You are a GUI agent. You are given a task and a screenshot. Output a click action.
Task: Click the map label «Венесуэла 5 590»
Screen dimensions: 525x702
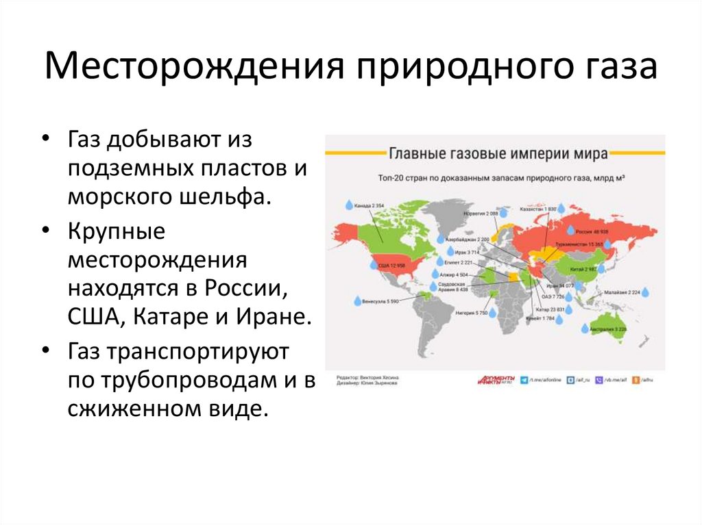coord(380,300)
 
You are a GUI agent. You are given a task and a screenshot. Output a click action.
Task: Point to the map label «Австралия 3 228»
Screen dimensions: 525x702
coord(608,330)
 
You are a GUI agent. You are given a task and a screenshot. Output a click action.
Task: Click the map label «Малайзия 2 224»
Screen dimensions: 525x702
coord(621,292)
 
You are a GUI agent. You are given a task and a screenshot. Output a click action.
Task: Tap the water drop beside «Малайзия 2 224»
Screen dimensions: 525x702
coord(645,292)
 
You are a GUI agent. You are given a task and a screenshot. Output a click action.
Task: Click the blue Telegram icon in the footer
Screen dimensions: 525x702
coord(524,379)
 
